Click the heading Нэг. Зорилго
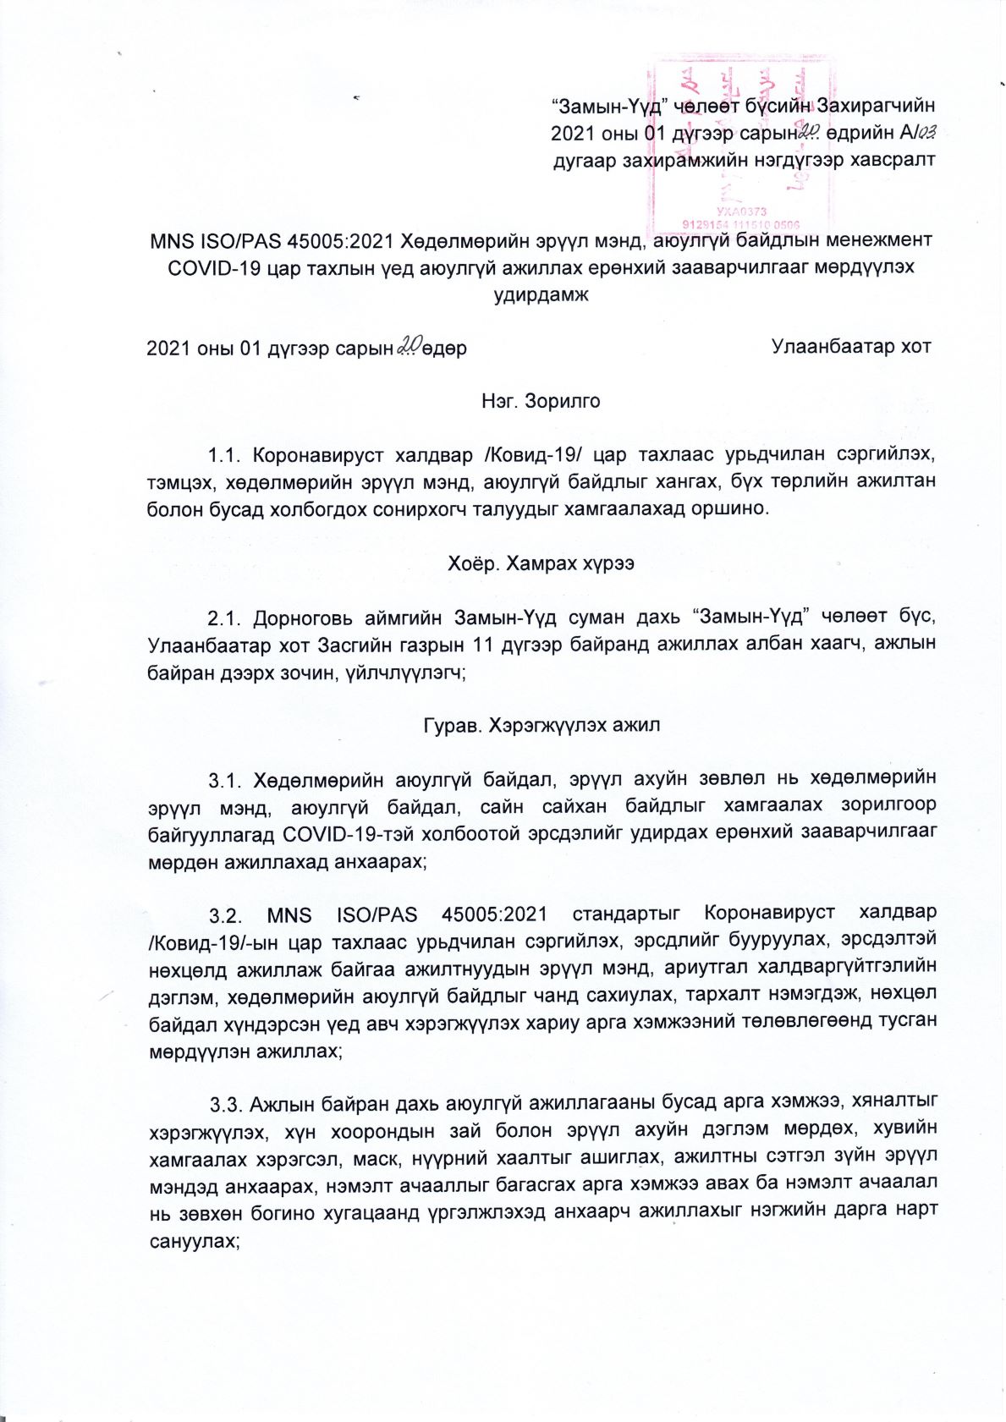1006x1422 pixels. coord(541,401)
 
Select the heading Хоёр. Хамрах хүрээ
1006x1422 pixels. coord(541,563)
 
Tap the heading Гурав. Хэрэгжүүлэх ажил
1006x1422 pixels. coord(541,725)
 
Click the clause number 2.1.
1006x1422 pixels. coord(225,617)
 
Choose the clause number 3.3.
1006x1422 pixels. coord(228,1103)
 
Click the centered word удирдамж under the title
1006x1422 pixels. coord(541,295)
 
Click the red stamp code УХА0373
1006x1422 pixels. coord(740,211)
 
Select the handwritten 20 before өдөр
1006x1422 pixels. coord(410,345)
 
